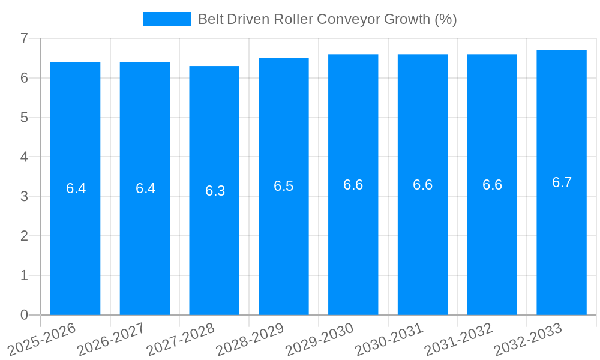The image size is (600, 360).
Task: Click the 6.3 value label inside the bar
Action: click(x=215, y=191)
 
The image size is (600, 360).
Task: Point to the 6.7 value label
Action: click(x=562, y=182)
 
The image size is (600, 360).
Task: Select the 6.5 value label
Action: click(x=284, y=186)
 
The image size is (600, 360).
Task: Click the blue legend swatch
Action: click(x=166, y=19)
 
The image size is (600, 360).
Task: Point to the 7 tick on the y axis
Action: click(x=24, y=38)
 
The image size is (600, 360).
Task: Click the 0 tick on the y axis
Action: click(x=24, y=315)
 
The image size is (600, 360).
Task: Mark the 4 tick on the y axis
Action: click(x=24, y=157)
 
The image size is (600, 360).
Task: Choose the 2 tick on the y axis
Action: click(x=24, y=236)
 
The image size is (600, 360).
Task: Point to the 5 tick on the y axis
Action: click(x=24, y=118)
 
